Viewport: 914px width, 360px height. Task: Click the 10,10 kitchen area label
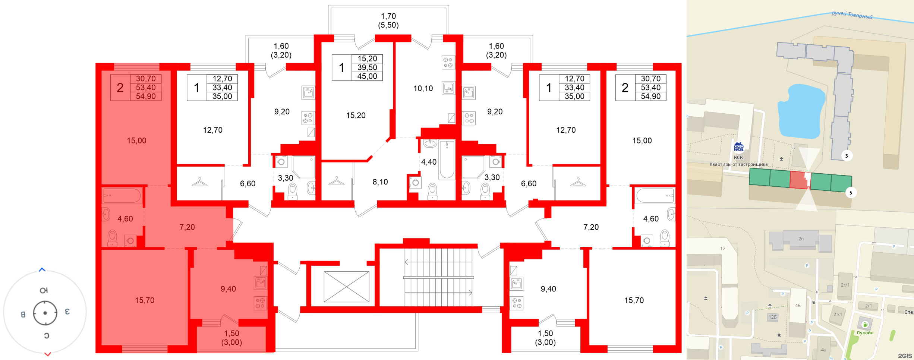[x=423, y=89]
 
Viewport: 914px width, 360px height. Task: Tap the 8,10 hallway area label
[x=380, y=182]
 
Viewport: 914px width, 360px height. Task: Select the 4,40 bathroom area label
[x=429, y=162]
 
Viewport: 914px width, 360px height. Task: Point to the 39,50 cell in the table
[x=367, y=67]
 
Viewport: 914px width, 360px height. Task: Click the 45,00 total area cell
[x=367, y=76]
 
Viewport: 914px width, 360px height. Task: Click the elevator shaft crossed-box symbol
[x=346, y=287]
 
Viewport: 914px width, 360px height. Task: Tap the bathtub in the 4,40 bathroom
[x=447, y=160]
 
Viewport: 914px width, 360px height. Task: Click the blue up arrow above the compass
[x=42, y=269]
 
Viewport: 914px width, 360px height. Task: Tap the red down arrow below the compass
[x=47, y=354]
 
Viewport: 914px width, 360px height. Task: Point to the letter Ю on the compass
[x=44, y=290]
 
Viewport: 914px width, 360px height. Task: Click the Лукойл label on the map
[x=865, y=333]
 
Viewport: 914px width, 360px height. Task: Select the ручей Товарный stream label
[x=852, y=15]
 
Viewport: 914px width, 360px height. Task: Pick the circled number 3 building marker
[x=847, y=156]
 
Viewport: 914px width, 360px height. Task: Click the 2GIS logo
[x=905, y=356]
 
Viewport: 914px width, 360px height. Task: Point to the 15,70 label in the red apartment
[x=145, y=300]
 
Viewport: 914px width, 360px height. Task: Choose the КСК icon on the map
[x=738, y=147]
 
